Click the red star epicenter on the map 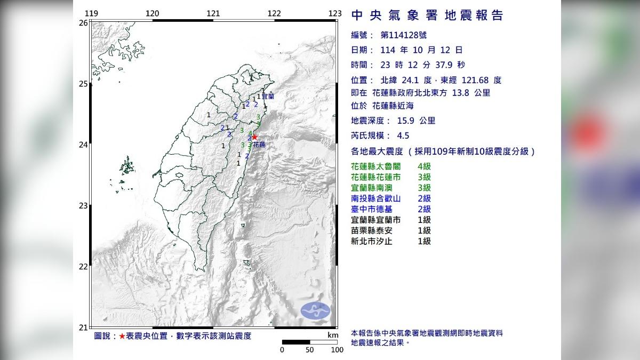254,137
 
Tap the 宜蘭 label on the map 268,97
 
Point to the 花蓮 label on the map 259,145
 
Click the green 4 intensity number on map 250,133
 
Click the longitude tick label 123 335,13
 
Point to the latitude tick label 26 83,23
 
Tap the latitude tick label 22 83,266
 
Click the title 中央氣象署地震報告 427,15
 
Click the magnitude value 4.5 403,135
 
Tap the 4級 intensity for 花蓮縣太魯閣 424,166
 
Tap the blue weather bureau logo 315,310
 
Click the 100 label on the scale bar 337,350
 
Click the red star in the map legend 122,336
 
